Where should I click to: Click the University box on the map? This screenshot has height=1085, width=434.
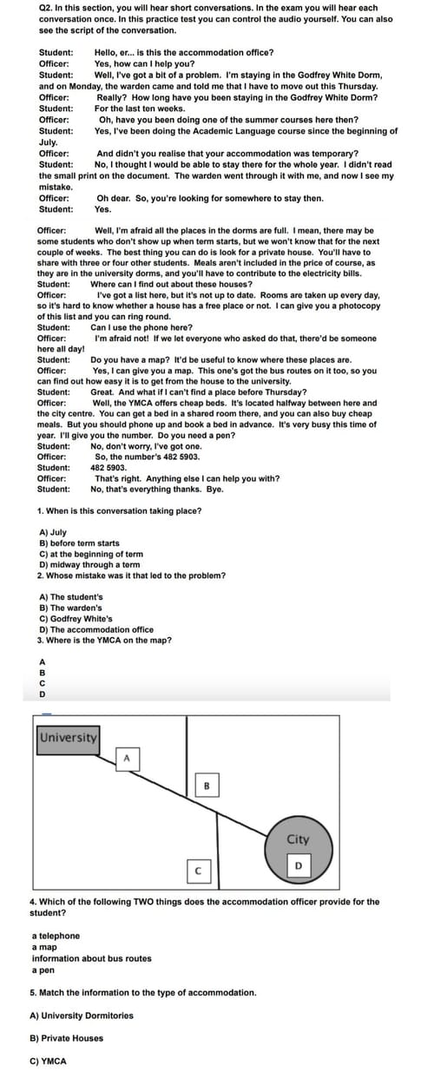click(68, 737)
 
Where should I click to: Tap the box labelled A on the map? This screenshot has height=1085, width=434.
click(126, 759)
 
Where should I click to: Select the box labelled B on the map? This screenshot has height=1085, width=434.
click(206, 786)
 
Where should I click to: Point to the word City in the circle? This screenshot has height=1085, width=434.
click(298, 839)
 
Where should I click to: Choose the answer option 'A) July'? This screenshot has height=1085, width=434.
click(53, 532)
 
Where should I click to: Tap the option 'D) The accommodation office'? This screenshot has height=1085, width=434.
click(96, 629)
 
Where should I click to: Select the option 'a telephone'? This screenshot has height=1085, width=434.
click(56, 936)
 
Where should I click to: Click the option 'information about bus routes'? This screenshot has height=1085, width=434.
click(91, 958)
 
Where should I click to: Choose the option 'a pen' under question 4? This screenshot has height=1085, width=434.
click(44, 970)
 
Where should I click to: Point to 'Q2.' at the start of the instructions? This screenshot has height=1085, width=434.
click(47, 8)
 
